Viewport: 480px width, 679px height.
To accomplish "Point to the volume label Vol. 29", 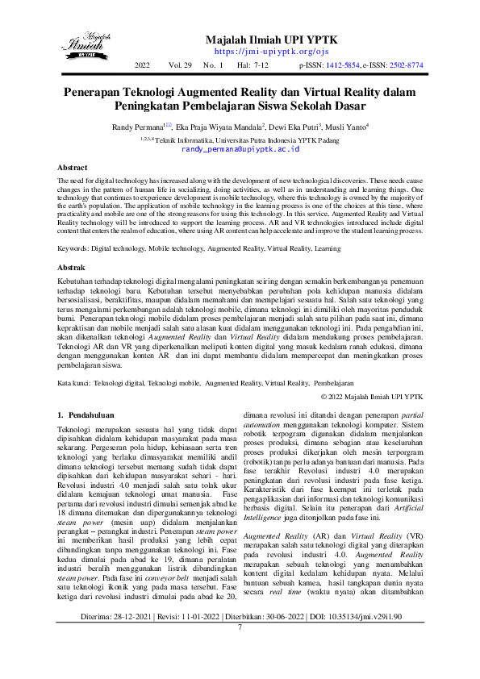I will (180, 64).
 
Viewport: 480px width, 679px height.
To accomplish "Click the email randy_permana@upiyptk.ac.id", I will (240, 149).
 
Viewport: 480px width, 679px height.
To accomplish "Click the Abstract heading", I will (71, 168).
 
